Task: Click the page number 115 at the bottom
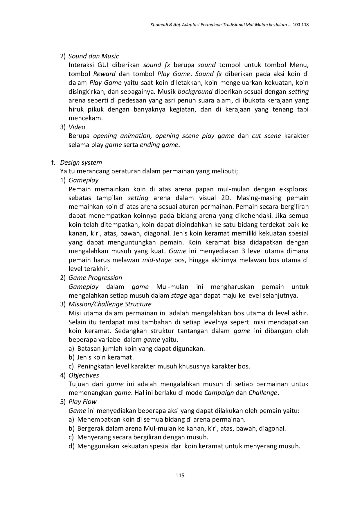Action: [x=180, y=475]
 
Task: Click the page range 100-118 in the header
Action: [x=301, y=25]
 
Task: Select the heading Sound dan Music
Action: [x=93, y=56]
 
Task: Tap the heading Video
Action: [x=77, y=127]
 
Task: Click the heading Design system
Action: [x=81, y=162]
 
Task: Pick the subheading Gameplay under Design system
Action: [x=84, y=180]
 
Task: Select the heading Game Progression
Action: [x=95, y=278]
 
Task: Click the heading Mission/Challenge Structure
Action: [x=110, y=304]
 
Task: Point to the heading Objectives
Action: [x=84, y=375]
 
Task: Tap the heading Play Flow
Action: [x=82, y=402]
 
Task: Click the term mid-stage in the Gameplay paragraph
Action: [x=157, y=260]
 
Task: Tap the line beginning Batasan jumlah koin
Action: [x=141, y=348]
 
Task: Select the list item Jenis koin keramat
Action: [x=105, y=357]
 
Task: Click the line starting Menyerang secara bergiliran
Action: [x=143, y=437]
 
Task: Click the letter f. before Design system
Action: [x=53, y=162]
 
